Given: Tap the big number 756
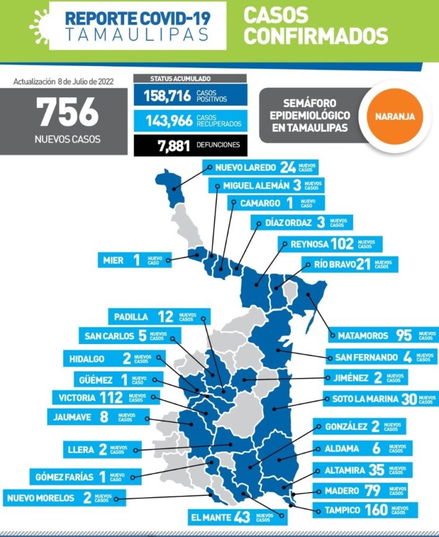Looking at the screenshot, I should [x=68, y=112].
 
